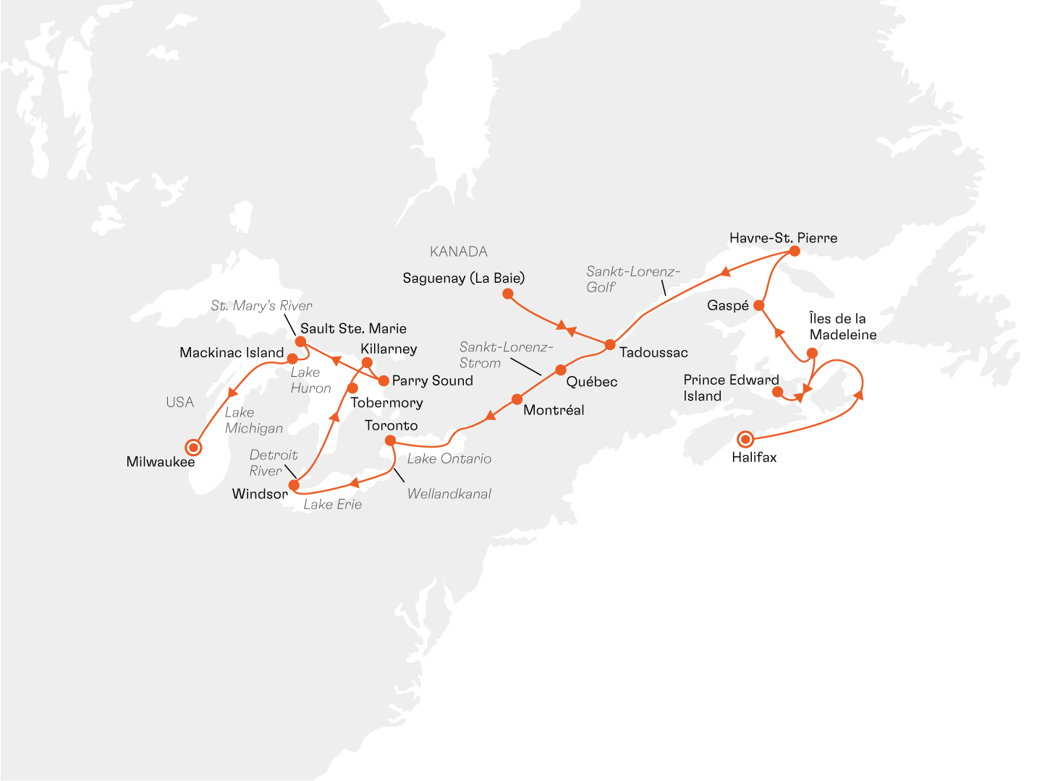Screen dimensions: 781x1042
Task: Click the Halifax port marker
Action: coord(745,439)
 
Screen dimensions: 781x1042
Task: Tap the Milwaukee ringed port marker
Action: coord(193,447)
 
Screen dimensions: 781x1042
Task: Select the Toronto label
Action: coord(391,425)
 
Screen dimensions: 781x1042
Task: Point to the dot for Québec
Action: coord(561,370)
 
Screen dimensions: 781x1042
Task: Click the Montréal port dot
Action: coord(517,399)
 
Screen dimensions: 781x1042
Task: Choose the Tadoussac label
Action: coord(653,353)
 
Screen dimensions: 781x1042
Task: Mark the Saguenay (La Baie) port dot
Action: coord(508,294)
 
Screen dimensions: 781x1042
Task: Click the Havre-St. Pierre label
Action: coord(783,238)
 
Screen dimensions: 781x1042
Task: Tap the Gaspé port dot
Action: coord(758,305)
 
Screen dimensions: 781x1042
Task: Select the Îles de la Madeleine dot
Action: coord(812,353)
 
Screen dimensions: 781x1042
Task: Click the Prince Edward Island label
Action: coord(731,388)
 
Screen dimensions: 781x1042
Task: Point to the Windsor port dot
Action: coord(294,485)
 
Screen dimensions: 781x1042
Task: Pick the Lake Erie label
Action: coord(332,505)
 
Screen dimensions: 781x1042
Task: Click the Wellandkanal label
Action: coord(449,494)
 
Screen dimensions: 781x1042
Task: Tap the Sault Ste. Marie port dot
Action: coord(300,341)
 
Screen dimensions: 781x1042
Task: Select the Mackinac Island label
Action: coord(232,353)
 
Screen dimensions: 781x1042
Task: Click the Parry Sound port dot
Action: coord(384,380)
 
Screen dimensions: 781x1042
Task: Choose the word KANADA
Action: coord(458,252)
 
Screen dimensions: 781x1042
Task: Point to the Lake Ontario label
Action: coord(449,458)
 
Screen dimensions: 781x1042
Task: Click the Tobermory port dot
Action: coord(353,388)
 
